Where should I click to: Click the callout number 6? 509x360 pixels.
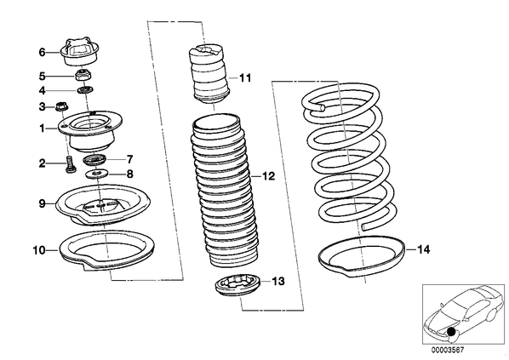coord(43,52)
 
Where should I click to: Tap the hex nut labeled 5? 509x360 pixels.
coord(85,77)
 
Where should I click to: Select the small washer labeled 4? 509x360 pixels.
coord(85,90)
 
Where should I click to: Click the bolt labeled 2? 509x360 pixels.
coord(70,164)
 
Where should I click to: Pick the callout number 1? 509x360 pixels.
coord(43,129)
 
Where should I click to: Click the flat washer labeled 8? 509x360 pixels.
coord(97,174)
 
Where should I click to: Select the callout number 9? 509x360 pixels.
coord(43,204)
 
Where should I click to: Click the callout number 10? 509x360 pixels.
coord(40,250)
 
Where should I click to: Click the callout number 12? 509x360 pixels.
coord(268,176)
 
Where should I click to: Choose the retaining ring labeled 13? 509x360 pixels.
coord(238,285)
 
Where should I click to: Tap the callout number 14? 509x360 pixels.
coord(424,249)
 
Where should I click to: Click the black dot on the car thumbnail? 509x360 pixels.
coord(450,331)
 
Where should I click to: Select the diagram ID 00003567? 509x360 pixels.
coord(448,350)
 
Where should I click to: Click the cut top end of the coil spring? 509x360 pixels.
coord(322,108)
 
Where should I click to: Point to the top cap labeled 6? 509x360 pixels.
coord(80,52)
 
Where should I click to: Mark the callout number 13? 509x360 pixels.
coord(277,281)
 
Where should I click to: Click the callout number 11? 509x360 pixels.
coord(245,78)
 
